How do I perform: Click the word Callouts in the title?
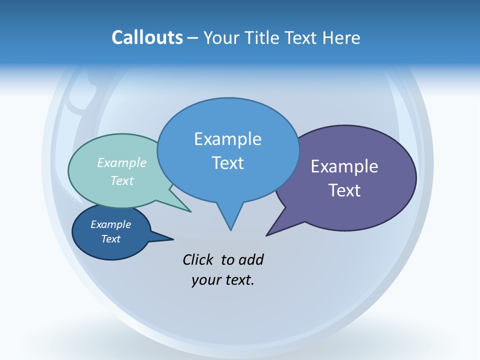point(147,37)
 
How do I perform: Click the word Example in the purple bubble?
point(344,166)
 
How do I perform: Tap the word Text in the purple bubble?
point(344,190)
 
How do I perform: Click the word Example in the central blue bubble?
point(227,139)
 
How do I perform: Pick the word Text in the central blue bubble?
point(227,163)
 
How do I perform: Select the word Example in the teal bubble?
point(122,163)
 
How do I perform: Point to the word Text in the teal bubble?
point(122,180)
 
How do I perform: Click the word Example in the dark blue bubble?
point(110,224)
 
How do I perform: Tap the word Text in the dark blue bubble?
point(110,239)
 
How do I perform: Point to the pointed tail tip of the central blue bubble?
point(230,230)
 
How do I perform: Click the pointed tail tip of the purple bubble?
point(267,235)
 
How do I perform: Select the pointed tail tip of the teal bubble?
point(190,211)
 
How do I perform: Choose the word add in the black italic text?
point(251,259)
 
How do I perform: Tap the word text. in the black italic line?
point(237,280)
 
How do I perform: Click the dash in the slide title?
point(193,38)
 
